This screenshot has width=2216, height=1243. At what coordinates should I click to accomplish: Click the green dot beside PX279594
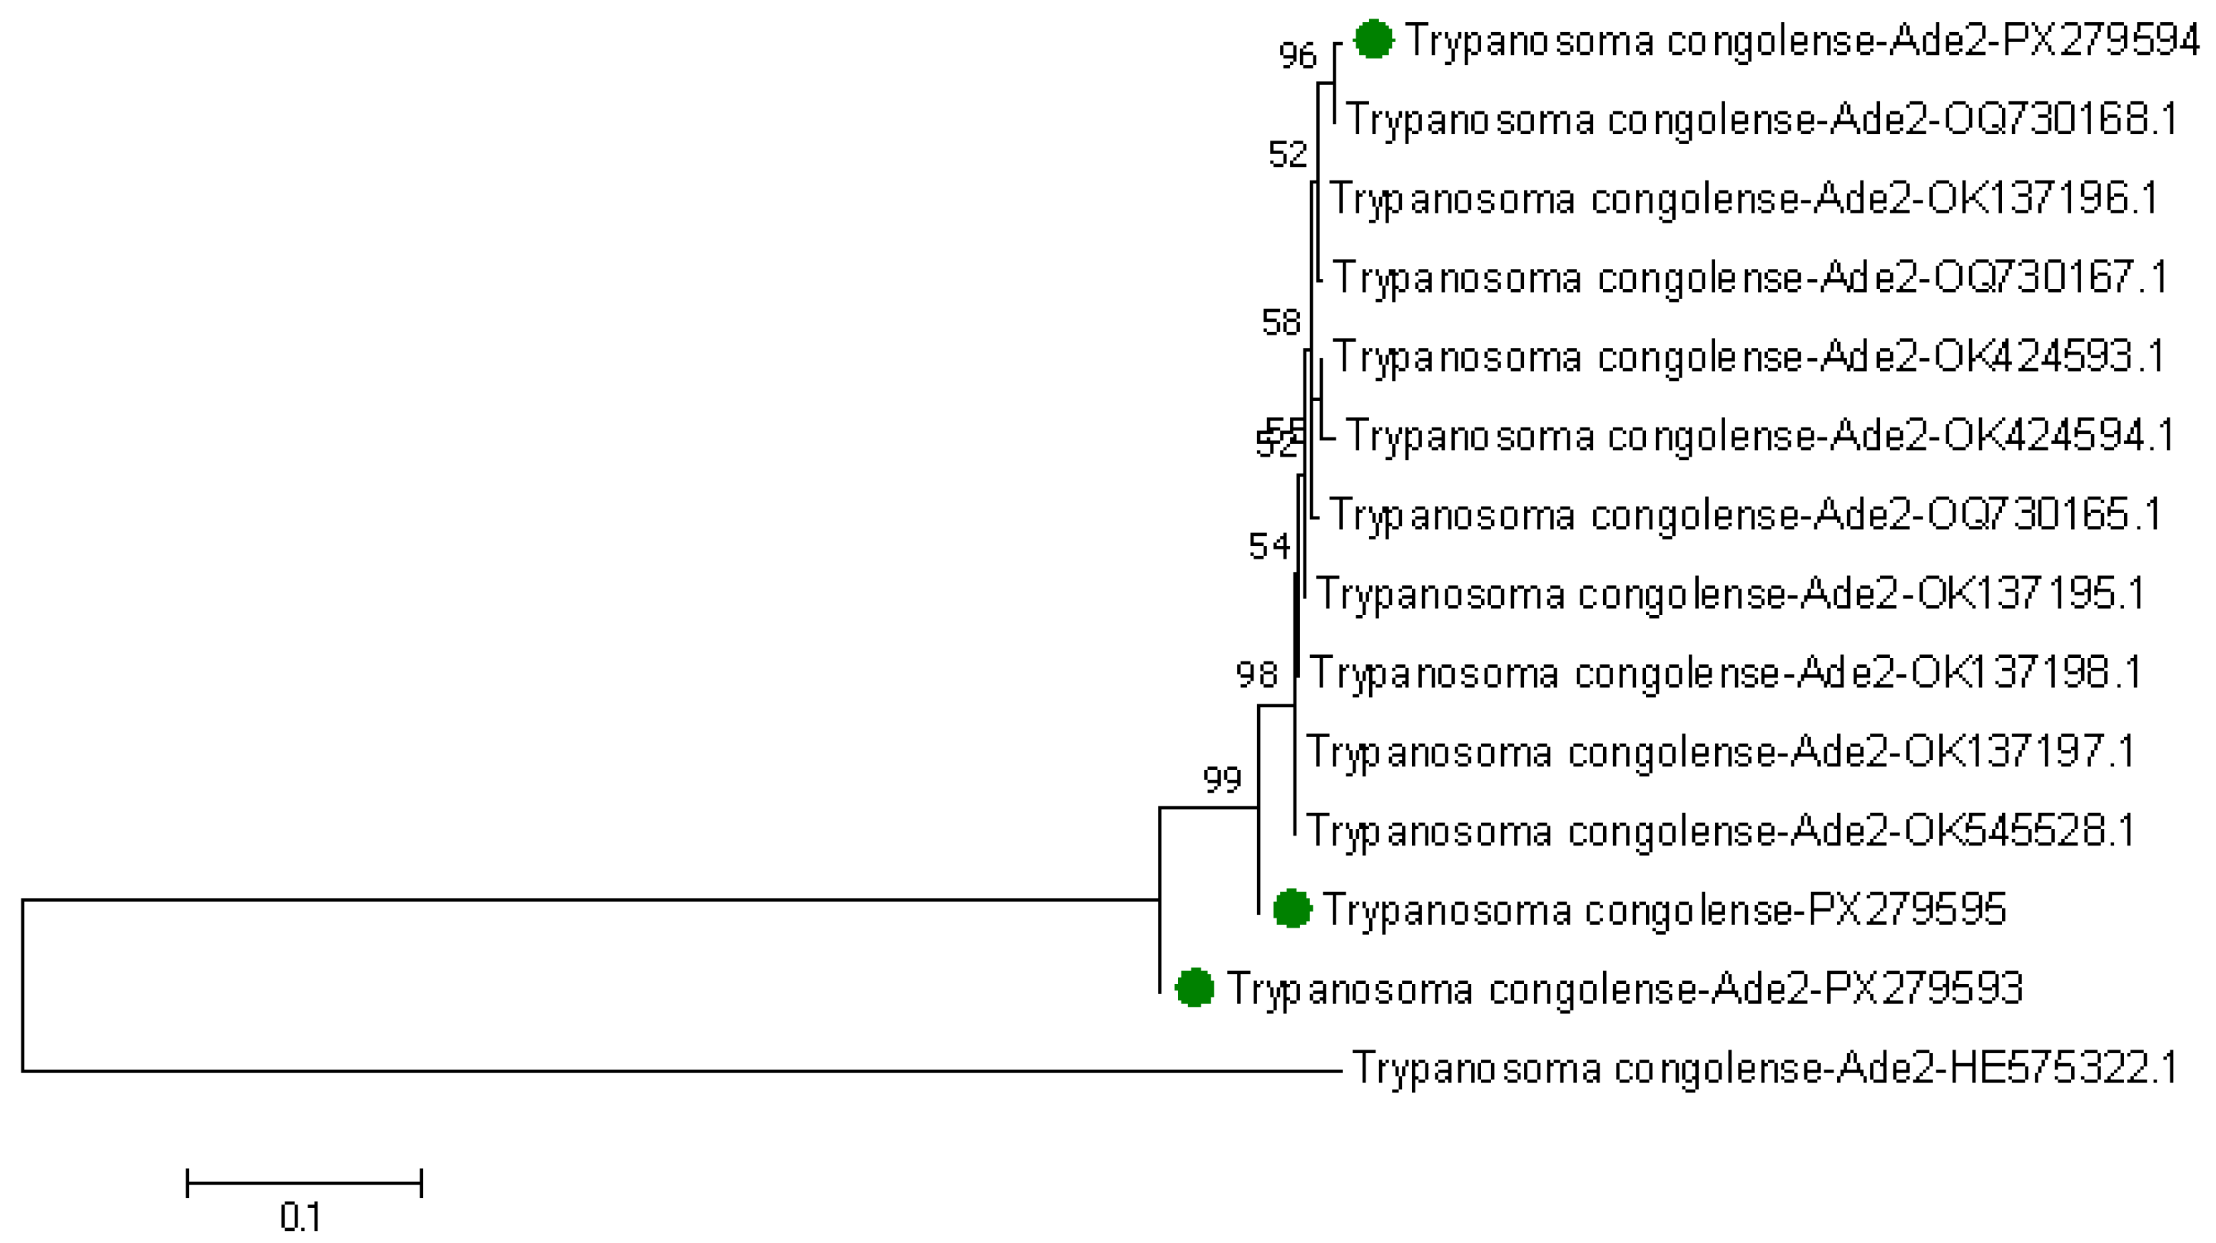pos(1373,39)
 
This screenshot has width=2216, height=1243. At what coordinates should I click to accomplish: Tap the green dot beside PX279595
pos(1292,909)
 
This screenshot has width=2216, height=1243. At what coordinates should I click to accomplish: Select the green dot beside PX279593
pos(1195,988)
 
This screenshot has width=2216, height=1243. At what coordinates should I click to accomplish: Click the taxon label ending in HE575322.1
pos(1764,1067)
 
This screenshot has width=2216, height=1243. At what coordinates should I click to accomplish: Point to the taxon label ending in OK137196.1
pos(1744,198)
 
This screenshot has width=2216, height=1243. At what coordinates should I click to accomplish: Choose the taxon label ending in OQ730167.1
pos(1749,277)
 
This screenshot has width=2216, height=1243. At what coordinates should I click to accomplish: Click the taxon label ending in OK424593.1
pos(1749,356)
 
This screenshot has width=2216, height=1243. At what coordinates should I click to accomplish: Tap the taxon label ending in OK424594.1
pos(1759,435)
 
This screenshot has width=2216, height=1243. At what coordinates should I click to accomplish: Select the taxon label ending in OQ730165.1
pos(1744,514)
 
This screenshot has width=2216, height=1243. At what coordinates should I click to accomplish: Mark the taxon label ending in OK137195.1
pos(1731,594)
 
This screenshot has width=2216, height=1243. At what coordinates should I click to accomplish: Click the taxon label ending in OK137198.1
pos(1726,673)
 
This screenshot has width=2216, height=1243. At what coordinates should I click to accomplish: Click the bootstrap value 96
pos(1297,56)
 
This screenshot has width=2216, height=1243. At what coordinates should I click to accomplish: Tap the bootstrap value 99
pos(1221,780)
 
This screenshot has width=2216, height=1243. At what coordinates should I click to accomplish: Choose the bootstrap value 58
pos(1281,323)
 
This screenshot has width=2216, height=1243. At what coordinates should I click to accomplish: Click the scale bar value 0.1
pos(300,1217)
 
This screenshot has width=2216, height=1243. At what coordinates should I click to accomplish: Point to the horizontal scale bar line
pos(304,1183)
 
